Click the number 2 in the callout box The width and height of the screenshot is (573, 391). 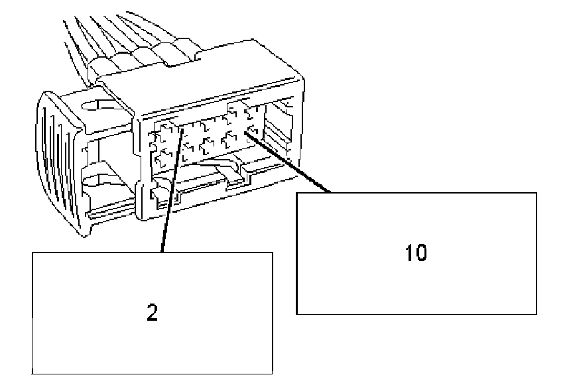pos(152,313)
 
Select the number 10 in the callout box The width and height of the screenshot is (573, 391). pos(416,253)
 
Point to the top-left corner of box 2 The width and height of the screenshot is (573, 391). pos(32,252)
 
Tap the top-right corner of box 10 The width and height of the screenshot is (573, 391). pos(536,193)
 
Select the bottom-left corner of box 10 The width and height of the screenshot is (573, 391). pos(296,313)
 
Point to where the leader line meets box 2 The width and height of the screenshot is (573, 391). pos(162,252)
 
